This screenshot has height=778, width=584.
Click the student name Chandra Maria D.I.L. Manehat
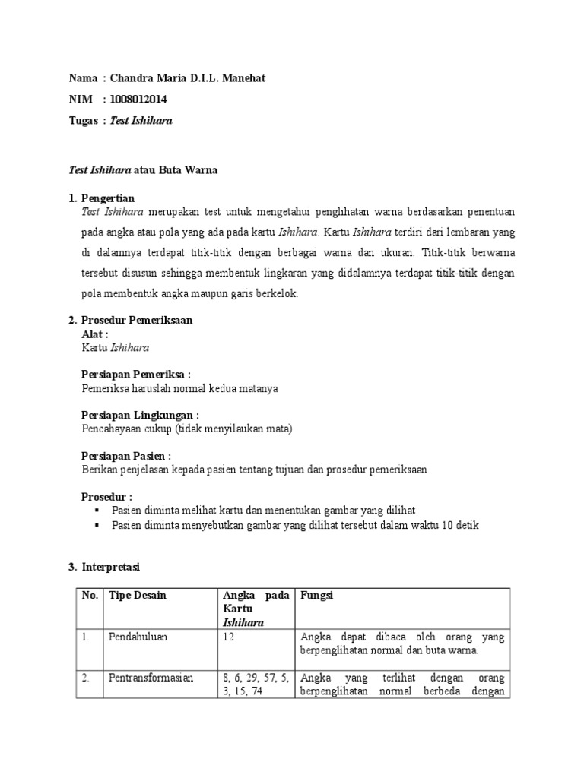coord(188,78)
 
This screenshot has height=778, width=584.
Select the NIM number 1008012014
coord(138,100)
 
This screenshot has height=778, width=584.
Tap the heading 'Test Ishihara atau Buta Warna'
coord(143,170)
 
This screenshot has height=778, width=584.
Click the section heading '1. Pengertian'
coord(102,198)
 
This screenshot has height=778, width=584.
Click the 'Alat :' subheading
coord(95,334)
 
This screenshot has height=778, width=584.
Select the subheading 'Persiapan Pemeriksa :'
coord(135,375)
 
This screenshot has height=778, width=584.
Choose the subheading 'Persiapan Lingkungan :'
coord(140,415)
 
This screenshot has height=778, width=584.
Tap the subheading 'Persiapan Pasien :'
coord(126,456)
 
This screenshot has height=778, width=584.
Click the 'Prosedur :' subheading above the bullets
coord(106,497)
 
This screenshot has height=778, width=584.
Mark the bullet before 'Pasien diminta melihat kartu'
coord(96,511)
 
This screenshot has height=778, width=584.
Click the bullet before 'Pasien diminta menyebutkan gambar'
coord(96,525)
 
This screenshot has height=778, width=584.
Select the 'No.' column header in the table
coord(90,596)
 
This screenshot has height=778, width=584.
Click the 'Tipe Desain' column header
coord(138,596)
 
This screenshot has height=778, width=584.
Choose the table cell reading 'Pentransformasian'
coord(151,678)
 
